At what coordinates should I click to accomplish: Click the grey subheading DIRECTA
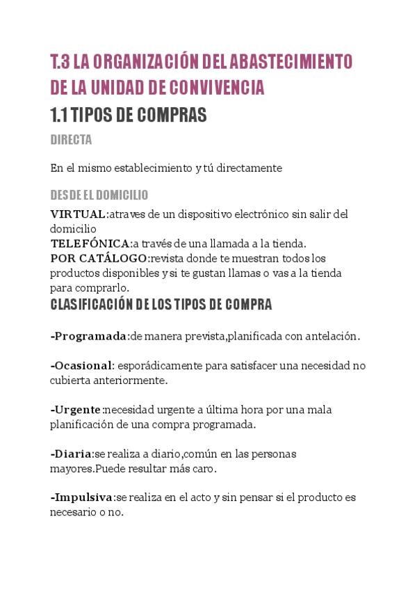(71, 140)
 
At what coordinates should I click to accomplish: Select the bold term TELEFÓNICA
(90, 244)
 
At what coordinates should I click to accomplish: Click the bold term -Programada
(89, 336)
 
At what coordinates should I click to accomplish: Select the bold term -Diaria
(72, 454)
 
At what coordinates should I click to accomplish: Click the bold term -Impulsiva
(82, 497)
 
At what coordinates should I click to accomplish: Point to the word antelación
(332, 336)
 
